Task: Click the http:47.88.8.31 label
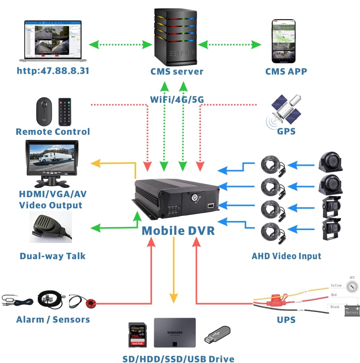53,70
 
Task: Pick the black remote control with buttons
64,112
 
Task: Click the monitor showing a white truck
52,160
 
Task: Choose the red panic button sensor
91,303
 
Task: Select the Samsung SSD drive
175,332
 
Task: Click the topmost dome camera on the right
330,163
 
